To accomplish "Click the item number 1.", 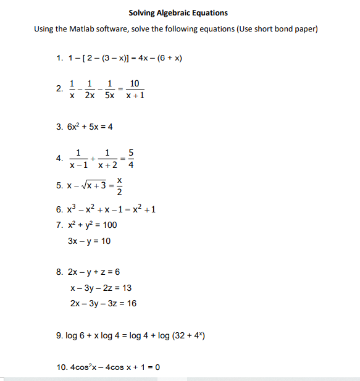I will [x=59, y=59].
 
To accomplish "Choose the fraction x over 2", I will [x=120, y=185].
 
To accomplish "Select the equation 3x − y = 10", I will [x=90, y=241].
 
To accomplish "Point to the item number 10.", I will [x=61, y=367].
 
